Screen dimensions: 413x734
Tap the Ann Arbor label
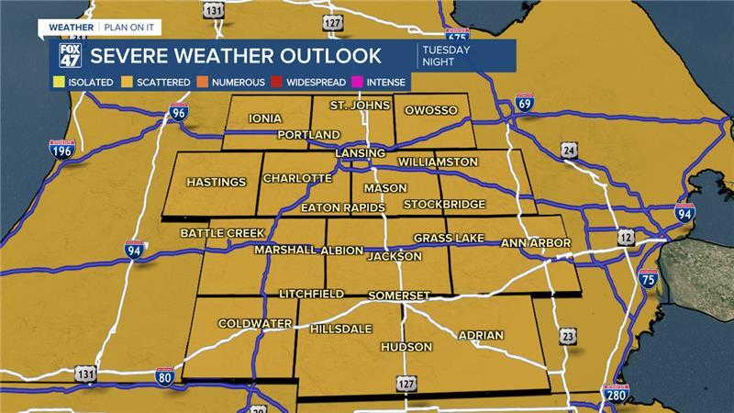tap(536, 242)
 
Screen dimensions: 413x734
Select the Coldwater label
tap(255, 324)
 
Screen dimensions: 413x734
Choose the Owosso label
tap(431, 111)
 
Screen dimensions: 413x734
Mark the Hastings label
tap(217, 183)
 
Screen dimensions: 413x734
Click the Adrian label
tap(480, 335)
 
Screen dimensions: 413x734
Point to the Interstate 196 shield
tap(61, 148)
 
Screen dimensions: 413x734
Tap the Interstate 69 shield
tap(524, 102)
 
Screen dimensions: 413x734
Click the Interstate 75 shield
tap(648, 278)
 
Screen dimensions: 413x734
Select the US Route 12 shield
tap(625, 237)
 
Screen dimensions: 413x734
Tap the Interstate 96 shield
tap(179, 114)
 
